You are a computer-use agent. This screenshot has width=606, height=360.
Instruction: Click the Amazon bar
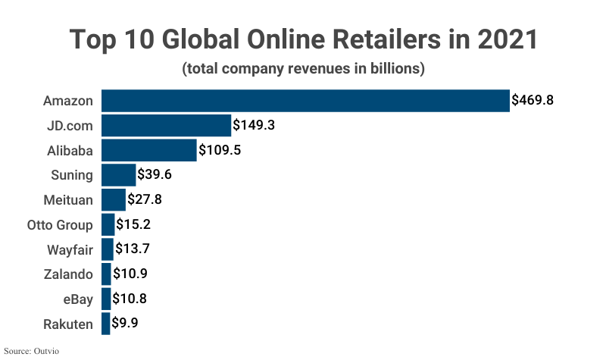[x=305, y=101]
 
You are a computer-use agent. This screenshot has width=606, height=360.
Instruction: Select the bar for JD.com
[x=166, y=125]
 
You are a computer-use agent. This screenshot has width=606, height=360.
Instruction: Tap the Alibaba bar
[x=148, y=150]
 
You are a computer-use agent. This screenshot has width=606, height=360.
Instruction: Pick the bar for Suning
[x=118, y=175]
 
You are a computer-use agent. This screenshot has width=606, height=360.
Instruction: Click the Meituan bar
[x=114, y=200]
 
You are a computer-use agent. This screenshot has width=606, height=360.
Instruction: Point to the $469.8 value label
[x=537, y=100]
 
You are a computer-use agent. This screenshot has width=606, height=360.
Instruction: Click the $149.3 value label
[x=254, y=125]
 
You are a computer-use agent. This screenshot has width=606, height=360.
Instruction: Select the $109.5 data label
[x=220, y=150]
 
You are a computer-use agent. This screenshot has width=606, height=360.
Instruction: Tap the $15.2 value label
[x=133, y=225]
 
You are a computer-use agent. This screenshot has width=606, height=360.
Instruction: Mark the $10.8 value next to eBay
[x=130, y=299]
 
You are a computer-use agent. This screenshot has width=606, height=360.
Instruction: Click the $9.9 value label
[x=126, y=324]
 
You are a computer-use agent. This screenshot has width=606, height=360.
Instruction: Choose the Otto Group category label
[x=60, y=225]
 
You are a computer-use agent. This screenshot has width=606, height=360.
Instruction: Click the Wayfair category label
[x=70, y=250]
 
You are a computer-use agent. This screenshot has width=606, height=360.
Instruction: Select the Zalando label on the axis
[x=69, y=274]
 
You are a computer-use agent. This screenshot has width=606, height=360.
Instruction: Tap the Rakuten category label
[x=69, y=324]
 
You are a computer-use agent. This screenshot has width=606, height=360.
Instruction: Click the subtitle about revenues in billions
[x=303, y=69]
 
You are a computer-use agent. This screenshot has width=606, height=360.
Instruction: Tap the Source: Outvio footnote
[x=32, y=351]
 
